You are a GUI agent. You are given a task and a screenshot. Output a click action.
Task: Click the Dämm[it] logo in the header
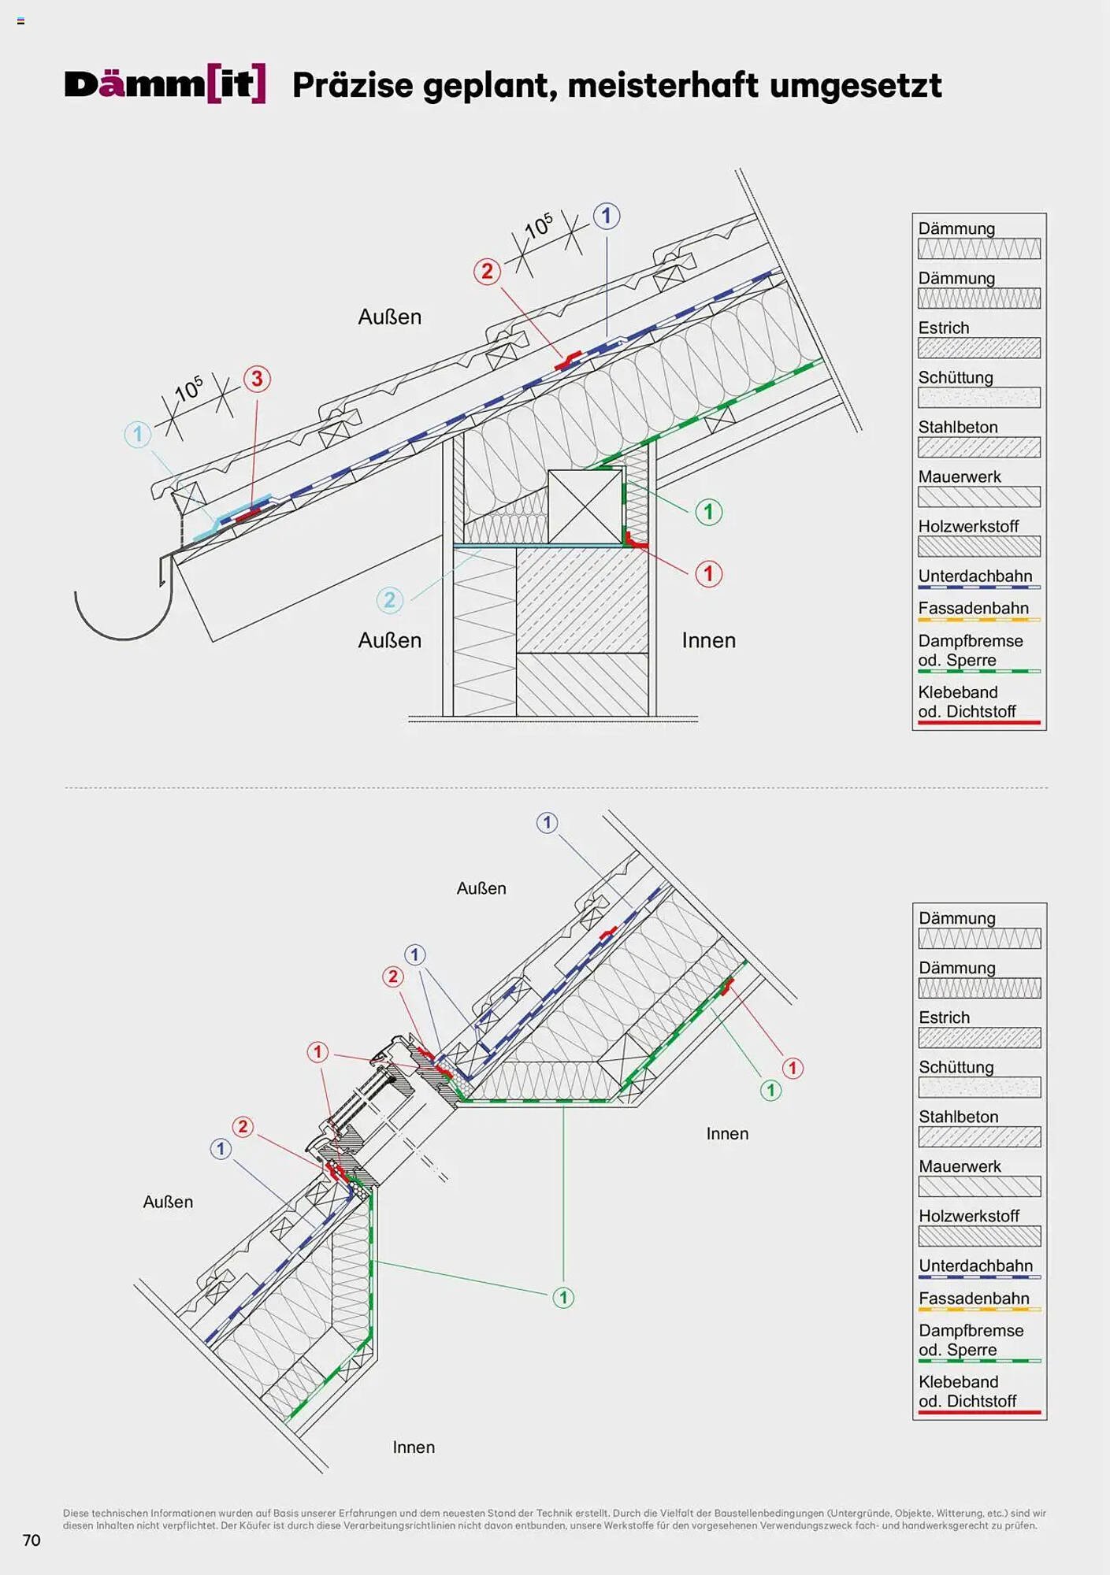165,84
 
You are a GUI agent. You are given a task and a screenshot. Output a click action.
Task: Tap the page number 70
32,1540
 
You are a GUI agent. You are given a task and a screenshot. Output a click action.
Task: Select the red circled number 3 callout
257,379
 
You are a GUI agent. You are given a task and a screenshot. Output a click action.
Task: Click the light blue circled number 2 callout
389,600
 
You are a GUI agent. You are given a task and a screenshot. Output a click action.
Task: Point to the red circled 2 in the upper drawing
487,272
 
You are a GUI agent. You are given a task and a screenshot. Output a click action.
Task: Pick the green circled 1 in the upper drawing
708,512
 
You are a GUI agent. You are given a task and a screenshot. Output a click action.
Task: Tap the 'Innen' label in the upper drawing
708,640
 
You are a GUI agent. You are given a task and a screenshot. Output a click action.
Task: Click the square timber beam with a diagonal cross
585,506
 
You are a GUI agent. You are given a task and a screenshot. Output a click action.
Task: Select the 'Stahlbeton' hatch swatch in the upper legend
978,447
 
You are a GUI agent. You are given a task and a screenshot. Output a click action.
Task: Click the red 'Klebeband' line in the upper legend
978,721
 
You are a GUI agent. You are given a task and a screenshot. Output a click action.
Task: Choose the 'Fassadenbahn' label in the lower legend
973,1298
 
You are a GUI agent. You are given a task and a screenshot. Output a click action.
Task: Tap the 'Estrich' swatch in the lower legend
979,1038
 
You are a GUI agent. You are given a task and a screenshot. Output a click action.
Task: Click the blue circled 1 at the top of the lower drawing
547,823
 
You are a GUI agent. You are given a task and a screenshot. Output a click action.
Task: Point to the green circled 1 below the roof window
562,1297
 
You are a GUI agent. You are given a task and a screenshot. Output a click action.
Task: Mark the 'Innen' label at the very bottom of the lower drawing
414,1447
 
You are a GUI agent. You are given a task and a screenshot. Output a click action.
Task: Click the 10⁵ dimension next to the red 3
189,388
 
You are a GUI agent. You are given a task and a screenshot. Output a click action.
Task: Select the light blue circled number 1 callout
138,434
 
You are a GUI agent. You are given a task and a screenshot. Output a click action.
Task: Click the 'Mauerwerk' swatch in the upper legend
978,497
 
